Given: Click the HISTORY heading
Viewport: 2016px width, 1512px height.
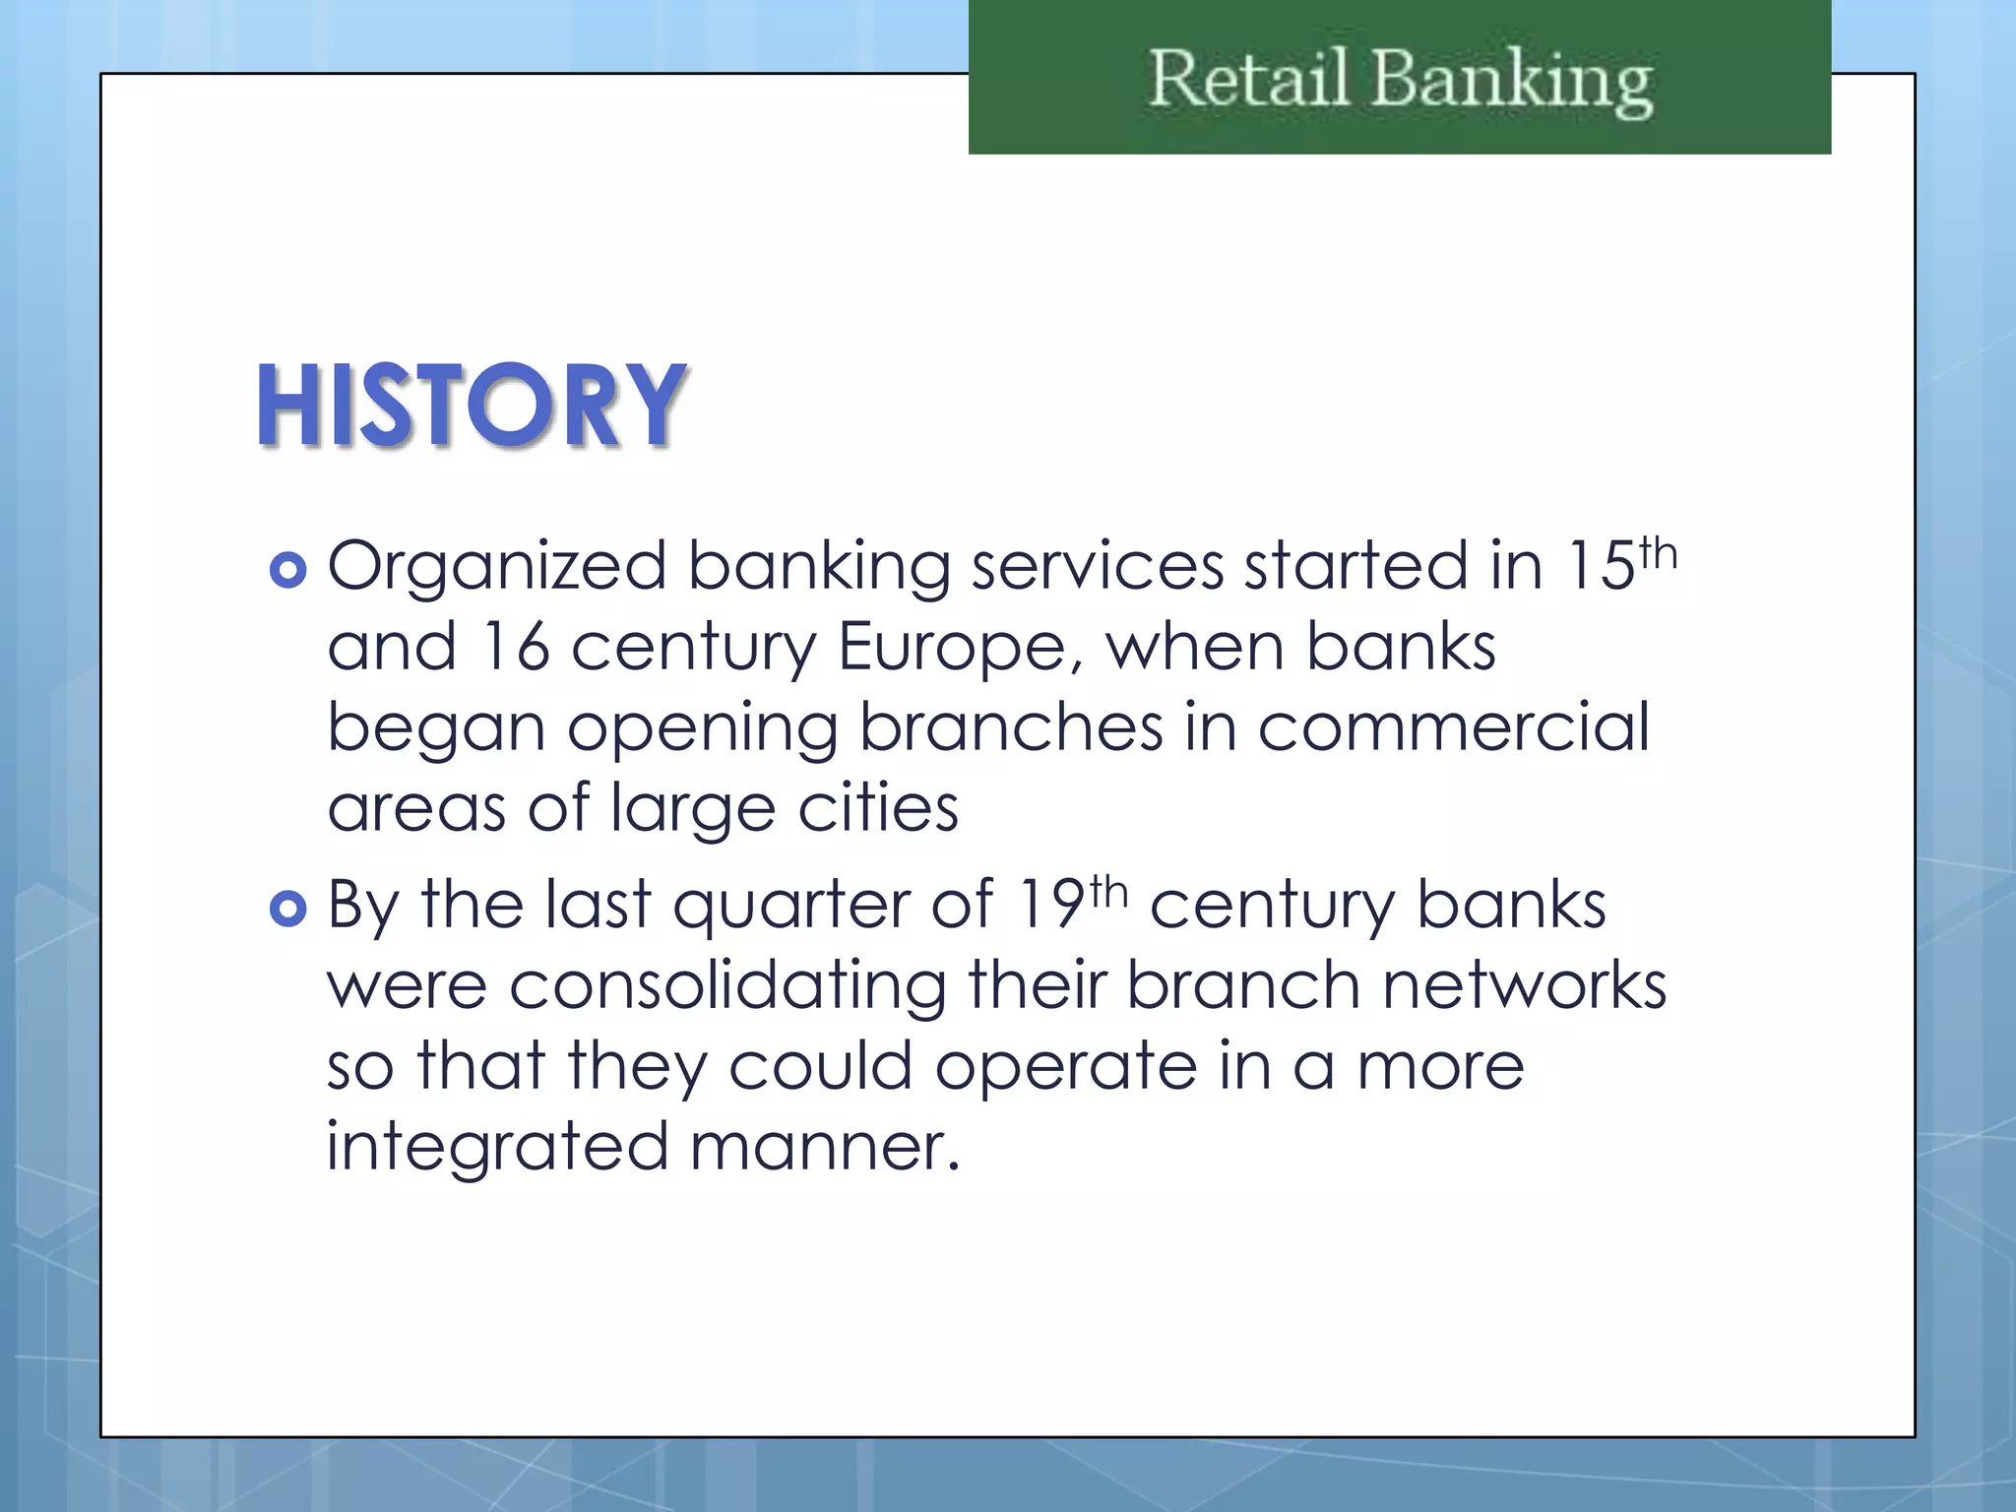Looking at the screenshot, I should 471,406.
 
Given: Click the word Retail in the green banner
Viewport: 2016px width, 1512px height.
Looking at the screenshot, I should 1248,79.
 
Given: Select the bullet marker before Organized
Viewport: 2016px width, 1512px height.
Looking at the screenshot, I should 287,570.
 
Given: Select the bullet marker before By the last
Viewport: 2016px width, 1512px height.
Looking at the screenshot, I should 287,909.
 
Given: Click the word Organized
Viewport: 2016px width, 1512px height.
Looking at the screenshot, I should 497,568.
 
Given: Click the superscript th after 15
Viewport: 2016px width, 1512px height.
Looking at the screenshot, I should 1658,553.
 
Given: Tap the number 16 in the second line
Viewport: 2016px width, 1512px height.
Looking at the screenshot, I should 515,648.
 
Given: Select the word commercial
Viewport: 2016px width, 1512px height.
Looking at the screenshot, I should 1453,727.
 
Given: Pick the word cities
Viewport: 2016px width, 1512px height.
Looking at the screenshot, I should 877,808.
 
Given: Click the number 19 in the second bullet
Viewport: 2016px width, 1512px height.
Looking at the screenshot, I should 1051,905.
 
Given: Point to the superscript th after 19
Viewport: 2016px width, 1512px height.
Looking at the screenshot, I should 1108,892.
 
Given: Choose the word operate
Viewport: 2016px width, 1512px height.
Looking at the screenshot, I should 1065,1068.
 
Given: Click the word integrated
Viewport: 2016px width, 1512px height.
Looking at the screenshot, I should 497,1149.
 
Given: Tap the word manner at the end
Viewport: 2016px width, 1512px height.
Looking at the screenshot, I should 822,1149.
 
